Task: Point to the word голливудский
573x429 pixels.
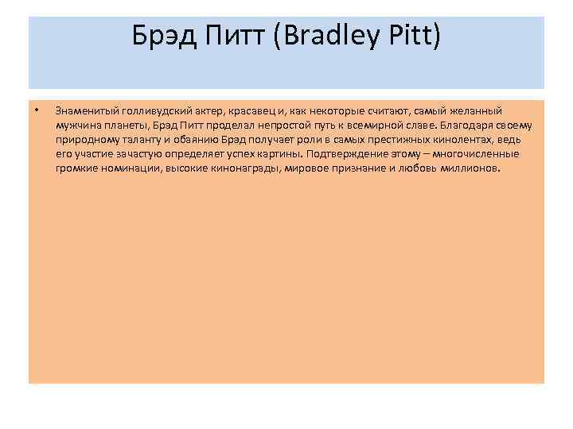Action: pyautogui.click(x=150, y=111)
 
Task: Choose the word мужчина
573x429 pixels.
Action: pyautogui.click(x=77, y=126)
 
